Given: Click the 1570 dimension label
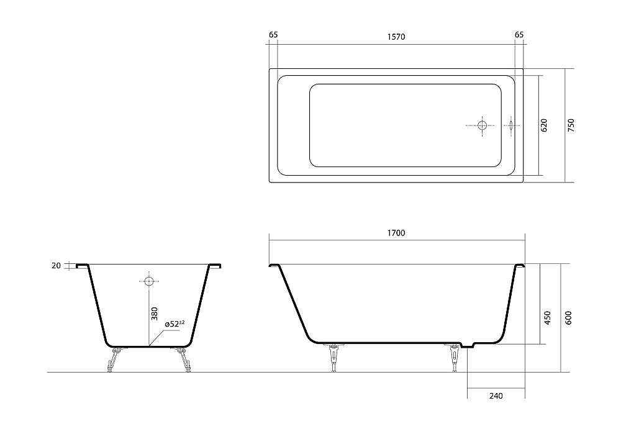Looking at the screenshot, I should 396,37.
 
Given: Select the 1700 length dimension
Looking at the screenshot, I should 396,233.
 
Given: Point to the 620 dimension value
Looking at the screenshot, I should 544,125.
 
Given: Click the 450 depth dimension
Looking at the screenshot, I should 547,318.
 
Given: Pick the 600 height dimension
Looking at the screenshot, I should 568,318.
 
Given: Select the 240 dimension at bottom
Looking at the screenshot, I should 495,396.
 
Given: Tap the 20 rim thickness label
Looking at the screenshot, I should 57,266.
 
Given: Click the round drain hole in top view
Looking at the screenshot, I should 483,125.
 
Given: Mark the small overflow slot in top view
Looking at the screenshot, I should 511,125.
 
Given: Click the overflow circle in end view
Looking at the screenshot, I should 148,281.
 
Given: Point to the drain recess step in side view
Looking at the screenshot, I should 467,345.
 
